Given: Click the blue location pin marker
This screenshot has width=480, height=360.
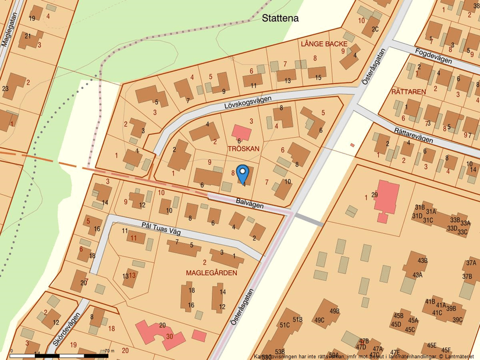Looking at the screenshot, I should [243, 173].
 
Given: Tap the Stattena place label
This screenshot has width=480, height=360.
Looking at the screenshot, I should [280, 18].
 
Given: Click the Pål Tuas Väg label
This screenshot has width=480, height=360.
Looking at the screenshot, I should [162, 228].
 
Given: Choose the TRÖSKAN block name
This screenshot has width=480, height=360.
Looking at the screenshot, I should [244, 149].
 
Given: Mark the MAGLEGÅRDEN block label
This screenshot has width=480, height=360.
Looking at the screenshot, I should [211, 272].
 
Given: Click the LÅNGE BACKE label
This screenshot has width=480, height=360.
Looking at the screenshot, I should [324, 44].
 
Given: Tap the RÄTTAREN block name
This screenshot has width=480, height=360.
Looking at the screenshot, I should [408, 92].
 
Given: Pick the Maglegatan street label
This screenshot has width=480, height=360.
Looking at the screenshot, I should [8, 29].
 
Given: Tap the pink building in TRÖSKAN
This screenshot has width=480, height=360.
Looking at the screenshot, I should [242, 132].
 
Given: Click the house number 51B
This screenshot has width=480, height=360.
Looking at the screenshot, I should [297, 319].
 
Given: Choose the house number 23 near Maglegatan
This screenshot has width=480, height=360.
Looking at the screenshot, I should [5, 88].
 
